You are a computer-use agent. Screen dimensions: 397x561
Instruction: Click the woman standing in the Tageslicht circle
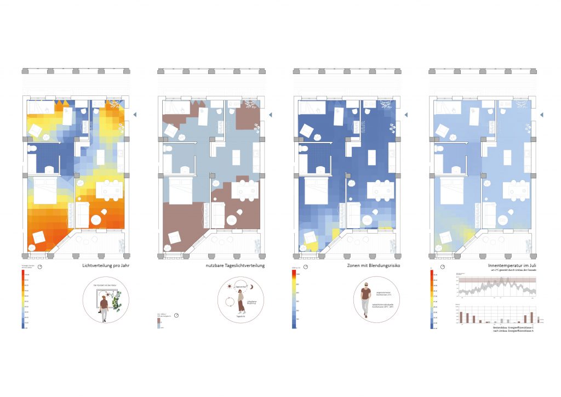(x=239, y=302)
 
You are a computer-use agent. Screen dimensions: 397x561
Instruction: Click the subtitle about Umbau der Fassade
(x=504, y=271)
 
